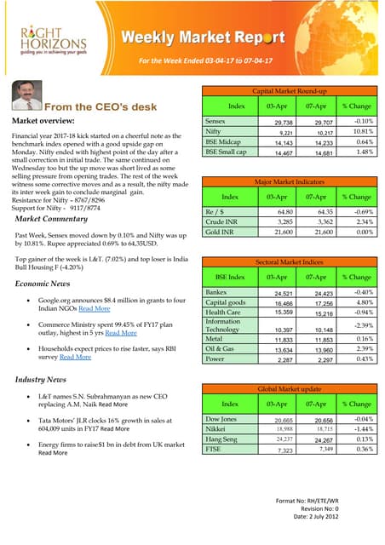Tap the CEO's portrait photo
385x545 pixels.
(26, 96)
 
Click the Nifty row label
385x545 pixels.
(214, 132)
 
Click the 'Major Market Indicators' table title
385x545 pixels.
(290, 182)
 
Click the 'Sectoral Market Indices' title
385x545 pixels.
(290, 262)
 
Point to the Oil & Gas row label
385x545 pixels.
(220, 348)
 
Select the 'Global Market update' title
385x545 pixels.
(290, 388)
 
